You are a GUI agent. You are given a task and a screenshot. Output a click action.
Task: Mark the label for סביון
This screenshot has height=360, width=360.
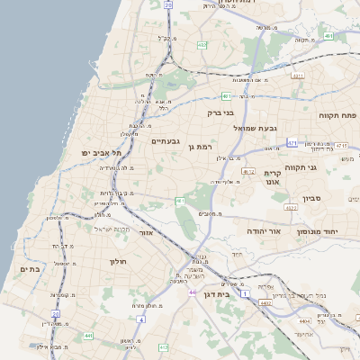[337, 197]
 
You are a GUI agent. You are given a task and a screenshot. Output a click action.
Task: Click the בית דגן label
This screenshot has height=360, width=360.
[237, 293]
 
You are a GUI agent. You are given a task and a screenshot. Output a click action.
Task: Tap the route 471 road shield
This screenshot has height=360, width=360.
[292, 143]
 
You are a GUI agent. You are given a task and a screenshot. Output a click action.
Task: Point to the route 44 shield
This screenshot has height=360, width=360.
[191, 292]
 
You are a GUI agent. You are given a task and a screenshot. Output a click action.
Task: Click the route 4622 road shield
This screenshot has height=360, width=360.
[289, 207]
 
